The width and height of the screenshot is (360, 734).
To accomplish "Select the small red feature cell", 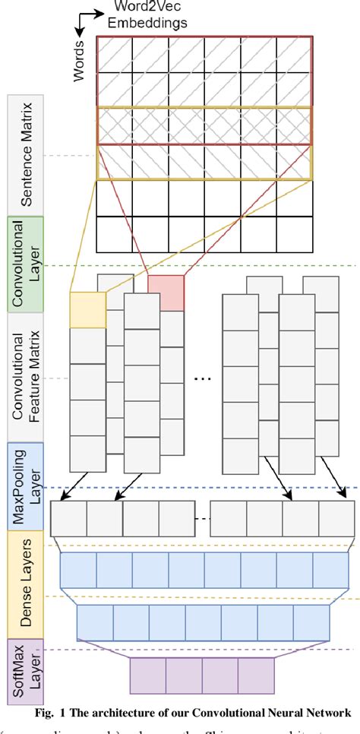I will (x=166, y=292).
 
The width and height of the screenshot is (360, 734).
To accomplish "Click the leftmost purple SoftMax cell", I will (x=148, y=675).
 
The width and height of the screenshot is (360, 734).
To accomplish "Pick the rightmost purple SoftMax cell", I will (x=255, y=675).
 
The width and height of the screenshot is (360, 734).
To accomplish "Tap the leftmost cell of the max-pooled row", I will (x=68, y=519).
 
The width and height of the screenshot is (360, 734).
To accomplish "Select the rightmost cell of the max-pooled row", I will (x=336, y=519).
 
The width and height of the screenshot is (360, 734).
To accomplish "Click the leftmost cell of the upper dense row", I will (x=77, y=570).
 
